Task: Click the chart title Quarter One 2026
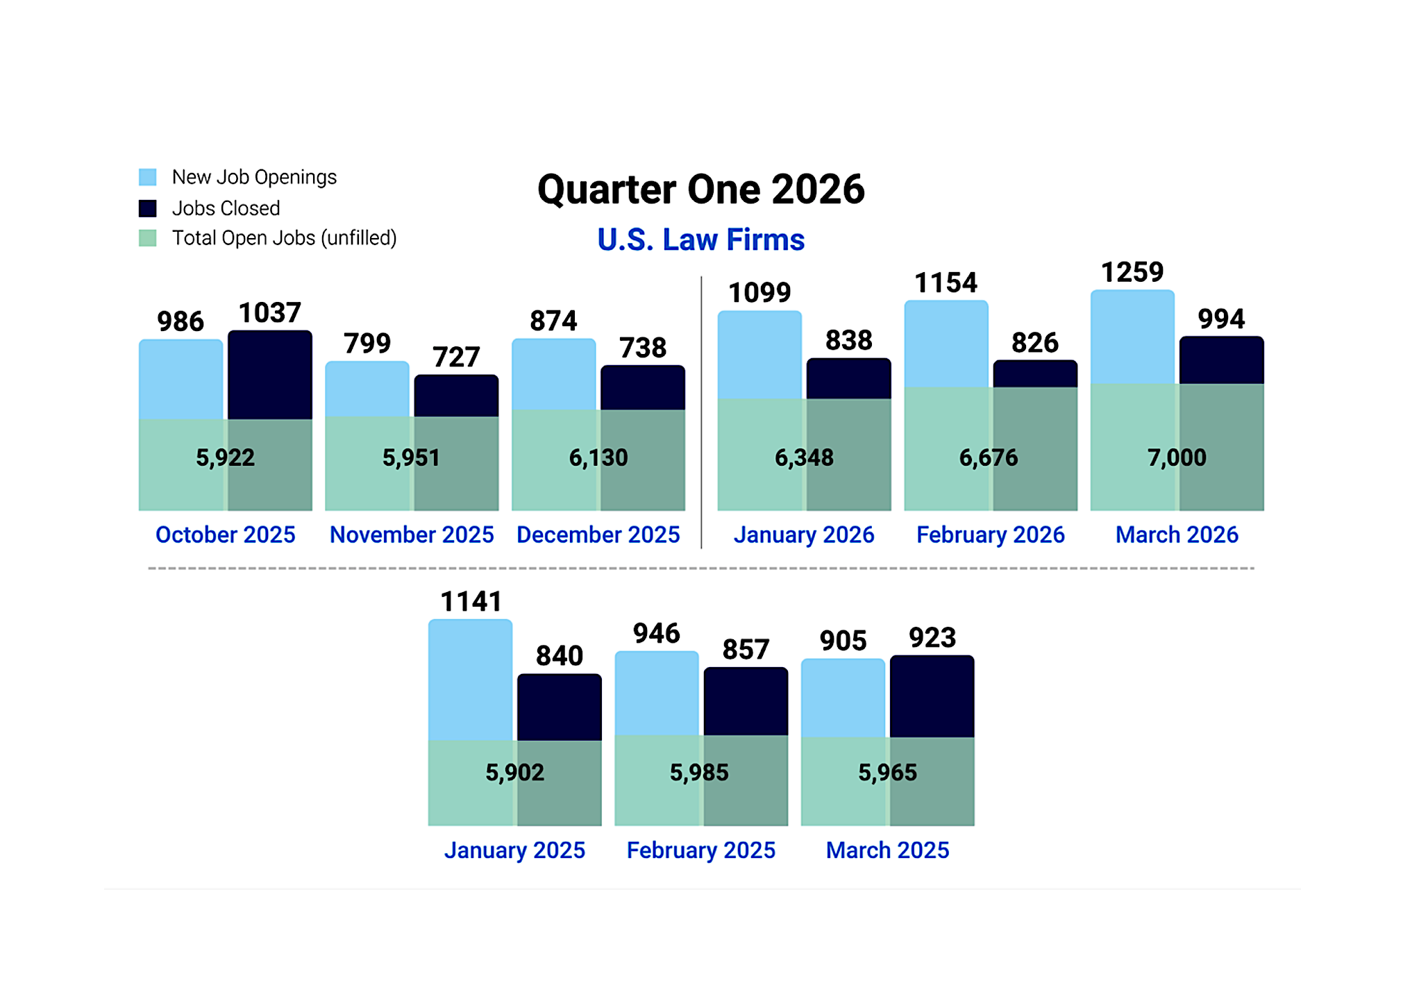click(700, 189)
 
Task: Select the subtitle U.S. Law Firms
click(700, 240)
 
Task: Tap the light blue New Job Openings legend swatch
click(147, 177)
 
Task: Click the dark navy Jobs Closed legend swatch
click(147, 208)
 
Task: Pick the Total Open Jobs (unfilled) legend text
click(284, 238)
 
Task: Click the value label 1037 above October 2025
click(269, 313)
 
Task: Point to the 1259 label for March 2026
click(1132, 272)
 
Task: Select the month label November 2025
click(412, 534)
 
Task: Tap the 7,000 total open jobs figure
click(1177, 457)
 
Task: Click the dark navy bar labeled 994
click(1221, 360)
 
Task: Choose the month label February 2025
click(700, 850)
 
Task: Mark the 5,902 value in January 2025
click(514, 773)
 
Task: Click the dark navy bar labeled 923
click(932, 696)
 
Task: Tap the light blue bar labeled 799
click(367, 389)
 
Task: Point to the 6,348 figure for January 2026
click(804, 457)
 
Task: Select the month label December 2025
click(598, 534)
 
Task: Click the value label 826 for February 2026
click(1034, 343)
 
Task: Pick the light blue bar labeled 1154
click(946, 344)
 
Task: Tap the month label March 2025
click(887, 850)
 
